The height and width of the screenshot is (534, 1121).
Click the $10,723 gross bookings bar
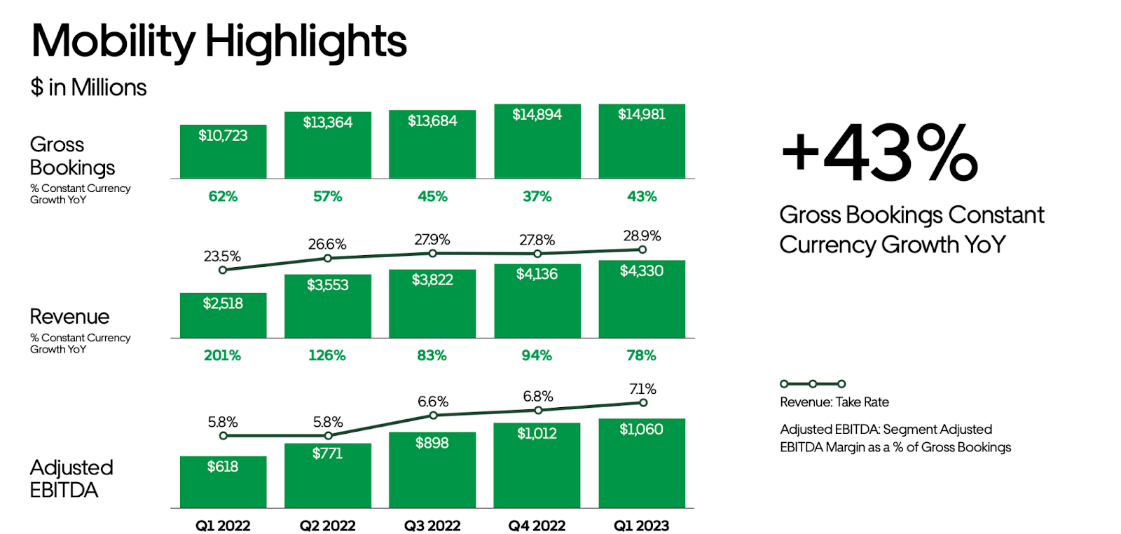pos(223,151)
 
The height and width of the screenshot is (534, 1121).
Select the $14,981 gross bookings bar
pos(642,142)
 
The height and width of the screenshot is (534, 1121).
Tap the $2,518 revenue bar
pos(223,315)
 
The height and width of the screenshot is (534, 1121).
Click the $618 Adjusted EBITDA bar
pos(223,482)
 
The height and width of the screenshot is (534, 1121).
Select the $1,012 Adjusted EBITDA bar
pos(537,465)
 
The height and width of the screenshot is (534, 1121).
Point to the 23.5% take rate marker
pos(223,270)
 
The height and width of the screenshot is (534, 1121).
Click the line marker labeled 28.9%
pos(642,249)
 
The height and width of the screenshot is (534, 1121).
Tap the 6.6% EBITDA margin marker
pos(433,416)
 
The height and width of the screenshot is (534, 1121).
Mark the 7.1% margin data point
pos(642,402)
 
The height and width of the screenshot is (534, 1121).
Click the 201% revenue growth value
pos(222,355)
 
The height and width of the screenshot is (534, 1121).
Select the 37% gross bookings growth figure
pos(537,196)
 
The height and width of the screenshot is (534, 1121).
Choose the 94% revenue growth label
pos(537,355)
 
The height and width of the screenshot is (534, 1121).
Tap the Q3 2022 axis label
pos(432,526)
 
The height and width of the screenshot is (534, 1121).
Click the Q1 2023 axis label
pos(641,526)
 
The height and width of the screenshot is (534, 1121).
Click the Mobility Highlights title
pos(219,41)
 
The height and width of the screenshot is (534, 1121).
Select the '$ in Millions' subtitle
pos(88,88)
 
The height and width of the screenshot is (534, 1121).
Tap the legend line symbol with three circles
pos(813,383)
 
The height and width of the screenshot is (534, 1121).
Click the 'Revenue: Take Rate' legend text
pos(834,402)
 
